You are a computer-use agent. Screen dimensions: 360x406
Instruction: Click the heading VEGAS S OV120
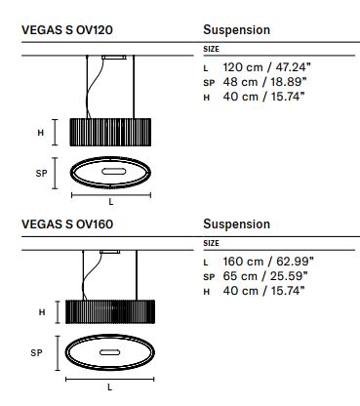pyautogui.click(x=67, y=30)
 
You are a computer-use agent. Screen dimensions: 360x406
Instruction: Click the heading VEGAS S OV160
pyautogui.click(x=67, y=224)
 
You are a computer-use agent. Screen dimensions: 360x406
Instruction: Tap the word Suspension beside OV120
pyautogui.click(x=236, y=30)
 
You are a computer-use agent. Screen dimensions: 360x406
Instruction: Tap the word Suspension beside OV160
pyautogui.click(x=236, y=224)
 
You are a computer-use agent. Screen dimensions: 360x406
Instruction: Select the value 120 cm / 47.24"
pyautogui.click(x=266, y=67)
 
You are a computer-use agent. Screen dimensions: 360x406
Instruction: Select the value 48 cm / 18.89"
pyautogui.click(x=264, y=82)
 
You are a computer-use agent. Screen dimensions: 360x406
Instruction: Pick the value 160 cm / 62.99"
pyautogui.click(x=268, y=262)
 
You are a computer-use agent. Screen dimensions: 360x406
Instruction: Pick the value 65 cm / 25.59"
pyautogui.click(x=265, y=276)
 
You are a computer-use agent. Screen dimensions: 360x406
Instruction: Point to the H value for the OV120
pyautogui.click(x=263, y=97)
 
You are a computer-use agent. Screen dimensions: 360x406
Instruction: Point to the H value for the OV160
pyautogui.click(x=263, y=291)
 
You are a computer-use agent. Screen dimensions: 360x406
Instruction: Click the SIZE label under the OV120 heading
pyautogui.click(x=211, y=49)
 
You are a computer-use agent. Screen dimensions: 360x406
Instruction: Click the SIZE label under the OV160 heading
pyautogui.click(x=211, y=243)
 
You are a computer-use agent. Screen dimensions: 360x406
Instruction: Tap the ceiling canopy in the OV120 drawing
pyautogui.click(x=113, y=58)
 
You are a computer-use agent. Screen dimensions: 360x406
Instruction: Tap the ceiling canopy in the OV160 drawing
pyautogui.click(x=109, y=252)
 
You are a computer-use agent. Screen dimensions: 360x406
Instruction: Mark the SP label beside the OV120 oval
pyautogui.click(x=41, y=174)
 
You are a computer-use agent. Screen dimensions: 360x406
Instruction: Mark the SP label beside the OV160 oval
pyautogui.click(x=36, y=353)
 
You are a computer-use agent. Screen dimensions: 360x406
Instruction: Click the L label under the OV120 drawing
pyautogui.click(x=111, y=202)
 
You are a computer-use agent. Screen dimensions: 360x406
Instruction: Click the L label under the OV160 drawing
pyautogui.click(x=109, y=387)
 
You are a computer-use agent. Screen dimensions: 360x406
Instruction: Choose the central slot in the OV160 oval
pyautogui.click(x=109, y=352)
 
